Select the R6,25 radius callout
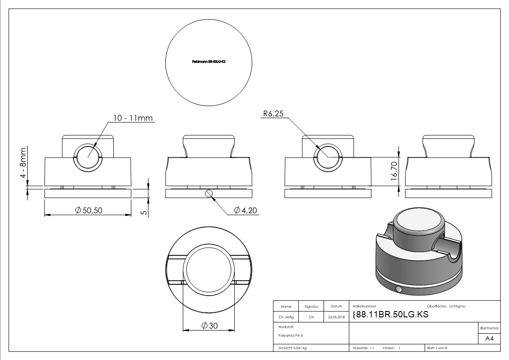tap(273, 114)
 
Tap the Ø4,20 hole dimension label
tap(246, 210)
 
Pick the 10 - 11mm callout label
tap(132, 118)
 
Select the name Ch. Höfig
tap(286, 317)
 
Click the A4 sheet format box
tap(489, 339)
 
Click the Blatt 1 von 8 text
tap(437, 348)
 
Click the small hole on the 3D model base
tap(398, 289)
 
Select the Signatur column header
tap(311, 306)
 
